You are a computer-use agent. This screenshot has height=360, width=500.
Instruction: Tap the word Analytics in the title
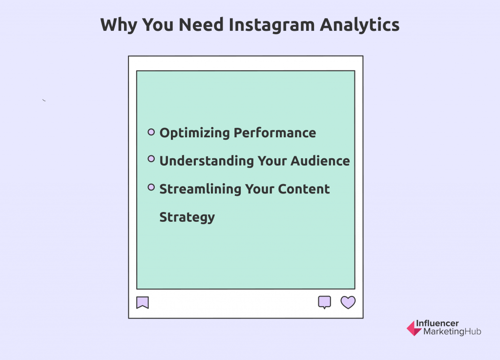coord(360,25)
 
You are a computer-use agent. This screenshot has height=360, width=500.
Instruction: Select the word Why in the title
coord(119,25)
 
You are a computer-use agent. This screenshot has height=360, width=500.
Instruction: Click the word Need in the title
coord(201,24)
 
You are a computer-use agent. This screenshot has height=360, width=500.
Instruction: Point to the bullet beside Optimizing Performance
coord(151,132)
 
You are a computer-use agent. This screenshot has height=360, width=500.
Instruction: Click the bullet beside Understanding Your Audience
coord(151,159)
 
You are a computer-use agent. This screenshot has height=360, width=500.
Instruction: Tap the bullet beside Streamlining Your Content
coord(151,187)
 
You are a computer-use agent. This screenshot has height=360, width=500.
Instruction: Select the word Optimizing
coord(194,133)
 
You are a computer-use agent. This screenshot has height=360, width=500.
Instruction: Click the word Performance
coord(275,133)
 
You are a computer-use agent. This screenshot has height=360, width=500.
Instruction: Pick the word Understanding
coord(207,161)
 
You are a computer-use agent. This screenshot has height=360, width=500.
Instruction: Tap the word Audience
coord(320,161)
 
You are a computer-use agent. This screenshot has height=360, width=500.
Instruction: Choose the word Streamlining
coord(200,189)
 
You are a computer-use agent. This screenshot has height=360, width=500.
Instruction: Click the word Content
coord(304,189)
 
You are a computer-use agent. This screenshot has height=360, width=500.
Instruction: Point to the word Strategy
coord(187,218)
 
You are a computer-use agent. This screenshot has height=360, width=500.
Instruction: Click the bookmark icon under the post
coord(143,302)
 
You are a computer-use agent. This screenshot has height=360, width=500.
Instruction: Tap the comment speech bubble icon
coord(325,302)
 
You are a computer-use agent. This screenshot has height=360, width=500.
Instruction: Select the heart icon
coord(348,302)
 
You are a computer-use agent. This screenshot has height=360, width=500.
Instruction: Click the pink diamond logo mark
coord(414,328)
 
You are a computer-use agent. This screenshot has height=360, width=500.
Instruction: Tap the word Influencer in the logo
coord(437,323)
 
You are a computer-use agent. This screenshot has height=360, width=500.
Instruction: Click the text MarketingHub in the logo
coord(452,332)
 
